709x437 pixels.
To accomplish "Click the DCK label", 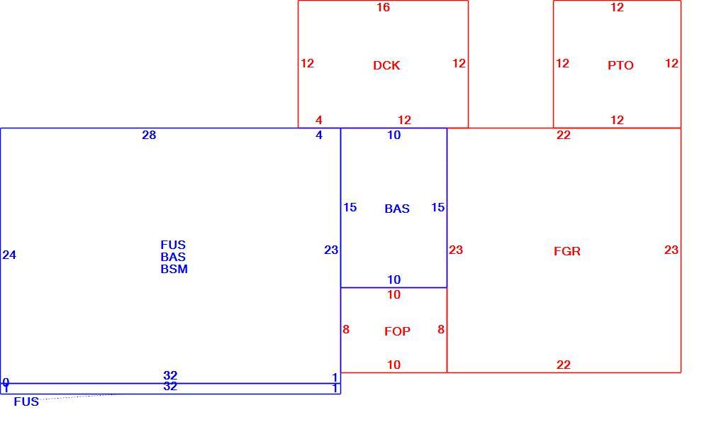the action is coord(386,65).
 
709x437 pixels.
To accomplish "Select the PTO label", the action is coord(620,65).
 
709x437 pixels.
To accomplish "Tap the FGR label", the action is coord(567,252).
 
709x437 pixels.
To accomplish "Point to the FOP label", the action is coord(397,331).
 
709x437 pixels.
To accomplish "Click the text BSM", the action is coord(174,269).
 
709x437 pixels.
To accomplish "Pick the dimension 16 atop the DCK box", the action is coord(383,8).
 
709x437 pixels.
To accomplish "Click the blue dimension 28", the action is coord(149,135).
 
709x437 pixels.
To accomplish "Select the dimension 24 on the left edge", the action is coord(9,255).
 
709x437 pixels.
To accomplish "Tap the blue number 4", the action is coord(319,135).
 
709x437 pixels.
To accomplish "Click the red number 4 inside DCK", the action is coord(319,121).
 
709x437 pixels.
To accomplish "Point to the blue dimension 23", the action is coord(331,250).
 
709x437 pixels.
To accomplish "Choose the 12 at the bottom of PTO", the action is coord(617,121).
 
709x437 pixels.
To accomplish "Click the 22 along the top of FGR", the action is coord(564,135).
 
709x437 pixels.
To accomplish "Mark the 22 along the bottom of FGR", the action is coord(564,365).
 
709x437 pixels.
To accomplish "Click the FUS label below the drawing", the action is coord(26,402).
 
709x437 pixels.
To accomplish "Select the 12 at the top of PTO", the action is coord(617,8).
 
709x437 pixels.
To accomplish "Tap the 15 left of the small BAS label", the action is coord(350,208).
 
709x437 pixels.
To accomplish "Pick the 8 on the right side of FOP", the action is coord(441,329).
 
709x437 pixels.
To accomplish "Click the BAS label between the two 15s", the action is coord(397,209).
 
